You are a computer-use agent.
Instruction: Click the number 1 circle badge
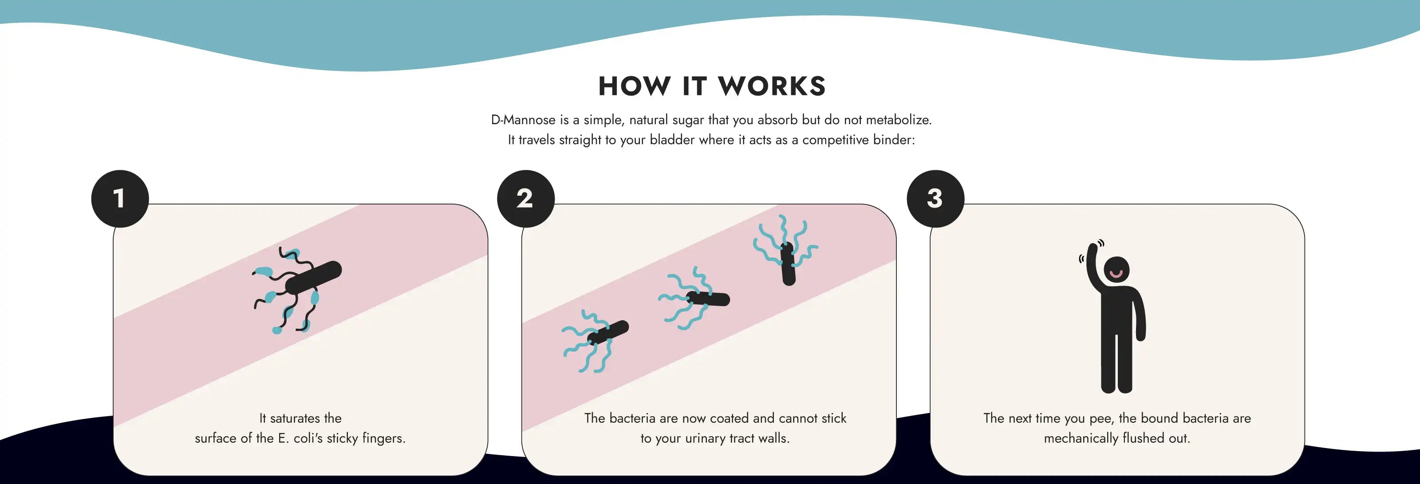(120, 198)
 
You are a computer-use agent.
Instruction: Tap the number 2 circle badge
(525, 198)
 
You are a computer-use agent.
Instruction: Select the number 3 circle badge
(935, 198)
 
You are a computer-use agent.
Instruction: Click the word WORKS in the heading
(772, 87)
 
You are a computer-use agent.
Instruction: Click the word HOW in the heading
(635, 87)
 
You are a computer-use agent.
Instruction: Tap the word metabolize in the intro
(898, 120)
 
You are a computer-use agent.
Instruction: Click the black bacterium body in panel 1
(314, 277)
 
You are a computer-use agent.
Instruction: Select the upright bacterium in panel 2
(788, 264)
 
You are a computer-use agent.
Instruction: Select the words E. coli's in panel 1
(300, 438)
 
